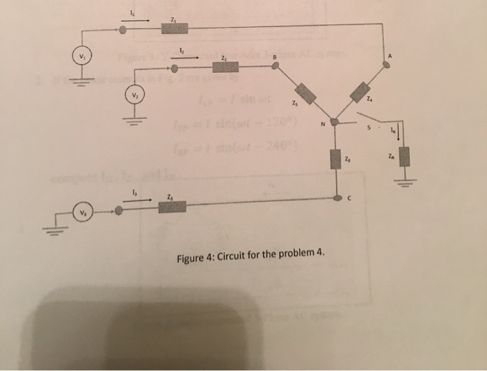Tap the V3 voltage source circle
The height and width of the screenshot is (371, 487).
(x=82, y=210)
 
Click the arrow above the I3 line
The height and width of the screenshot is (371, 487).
(x=139, y=198)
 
